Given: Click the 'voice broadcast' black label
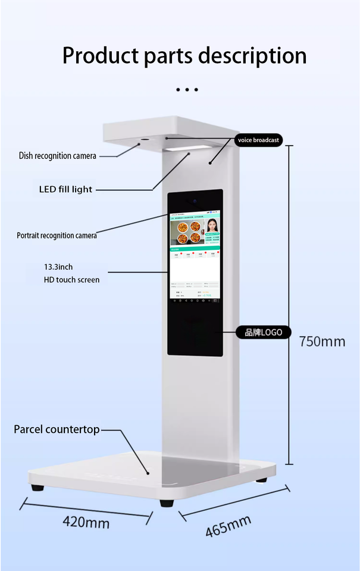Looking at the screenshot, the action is point(258,140).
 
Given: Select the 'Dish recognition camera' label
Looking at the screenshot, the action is point(57,156).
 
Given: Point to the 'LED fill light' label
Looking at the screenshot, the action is point(65,189).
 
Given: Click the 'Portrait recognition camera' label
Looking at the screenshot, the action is point(57,236).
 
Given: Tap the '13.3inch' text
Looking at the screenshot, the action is point(58,267).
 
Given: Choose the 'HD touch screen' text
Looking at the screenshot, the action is point(71,280).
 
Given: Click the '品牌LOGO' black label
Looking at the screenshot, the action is point(259,332).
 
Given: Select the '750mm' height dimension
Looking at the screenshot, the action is point(322,341).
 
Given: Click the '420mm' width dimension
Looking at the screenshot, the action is point(86,523).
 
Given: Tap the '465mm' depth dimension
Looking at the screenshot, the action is point(228,526).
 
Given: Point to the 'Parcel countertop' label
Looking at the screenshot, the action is point(57,429).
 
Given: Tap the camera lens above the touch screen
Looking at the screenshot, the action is point(193,201).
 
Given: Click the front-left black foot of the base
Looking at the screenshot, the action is point(37,487).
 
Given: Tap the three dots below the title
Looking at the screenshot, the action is point(187,90).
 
